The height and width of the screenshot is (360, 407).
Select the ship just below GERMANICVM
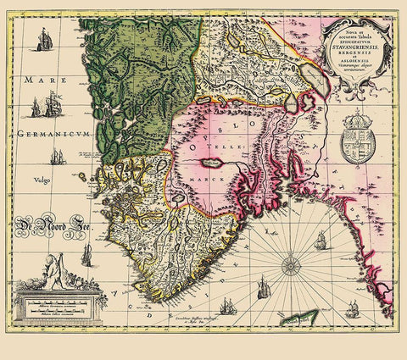(58, 158)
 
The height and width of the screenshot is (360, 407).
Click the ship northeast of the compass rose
(321, 242)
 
